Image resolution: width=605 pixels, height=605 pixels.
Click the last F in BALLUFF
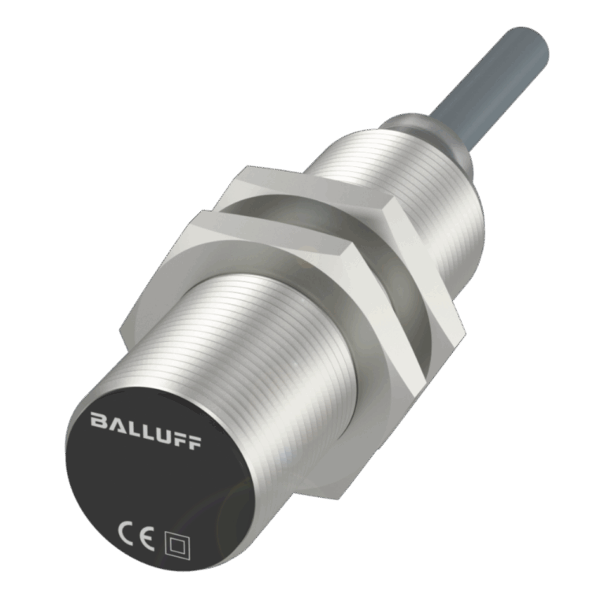194,442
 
